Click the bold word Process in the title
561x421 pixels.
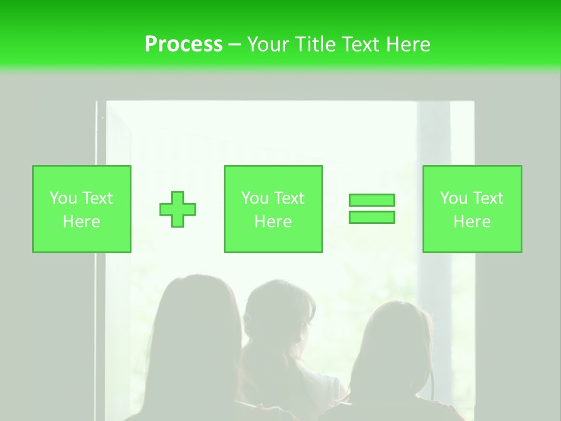[183, 44]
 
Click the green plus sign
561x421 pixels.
[178, 209]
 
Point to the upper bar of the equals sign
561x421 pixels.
[372, 200]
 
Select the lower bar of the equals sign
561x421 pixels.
[372, 217]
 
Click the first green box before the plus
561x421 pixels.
[82, 175]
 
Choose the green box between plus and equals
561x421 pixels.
[273, 175]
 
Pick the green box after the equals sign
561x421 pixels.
[472, 175]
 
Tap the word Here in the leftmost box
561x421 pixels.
[82, 222]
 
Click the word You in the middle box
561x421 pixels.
[255, 198]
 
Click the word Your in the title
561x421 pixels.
[268, 44]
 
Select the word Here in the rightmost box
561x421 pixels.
[472, 222]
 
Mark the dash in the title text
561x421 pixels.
[234, 44]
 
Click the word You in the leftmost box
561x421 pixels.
[63, 198]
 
